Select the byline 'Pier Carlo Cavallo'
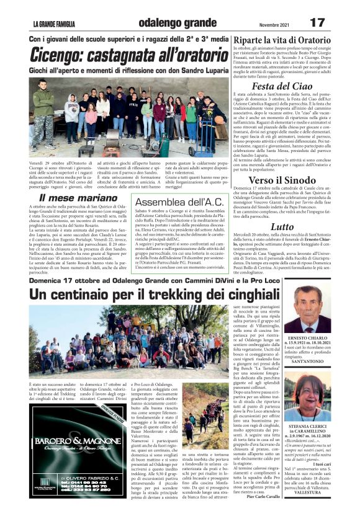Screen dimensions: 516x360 [x=264, y=496]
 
